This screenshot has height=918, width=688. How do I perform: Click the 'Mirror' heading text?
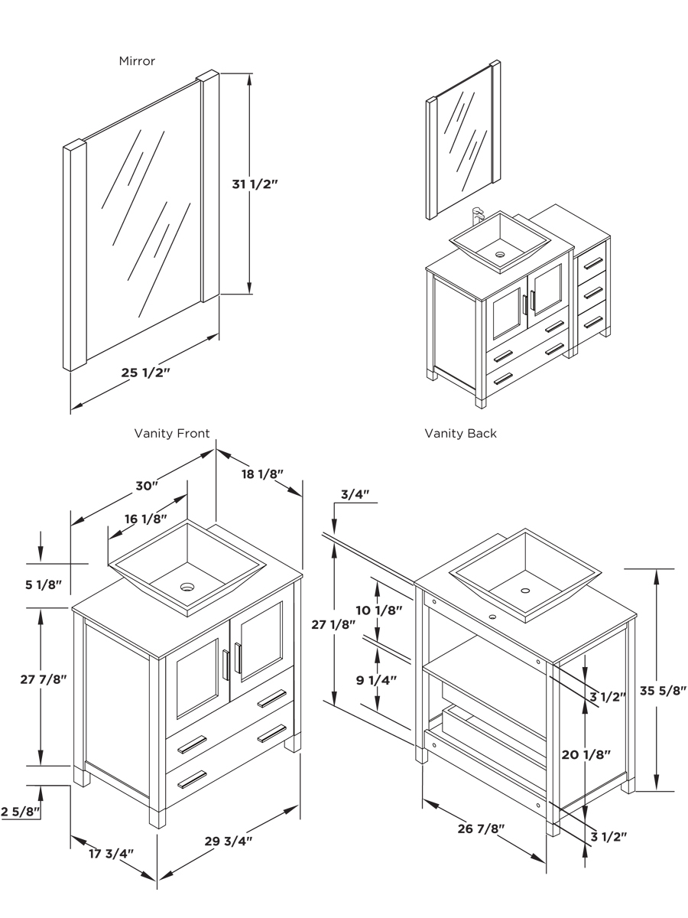pos(137,60)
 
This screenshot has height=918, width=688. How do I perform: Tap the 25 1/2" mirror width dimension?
pos(145,373)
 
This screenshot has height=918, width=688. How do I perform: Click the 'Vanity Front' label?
pos(172,433)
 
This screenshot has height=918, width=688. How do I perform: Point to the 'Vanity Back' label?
pos(460,433)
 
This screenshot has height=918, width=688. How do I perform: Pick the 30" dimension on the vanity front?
pos(147,486)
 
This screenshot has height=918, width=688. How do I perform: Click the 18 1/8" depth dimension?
pos(262,474)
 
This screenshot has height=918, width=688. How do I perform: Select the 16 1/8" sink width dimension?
pos(145,519)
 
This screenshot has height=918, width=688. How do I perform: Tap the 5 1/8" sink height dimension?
pos(41,585)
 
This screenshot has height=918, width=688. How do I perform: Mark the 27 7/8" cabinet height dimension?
pos(44,679)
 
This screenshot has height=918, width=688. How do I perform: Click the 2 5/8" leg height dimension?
pos(20,812)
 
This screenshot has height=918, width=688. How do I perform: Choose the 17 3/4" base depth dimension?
pos(111,853)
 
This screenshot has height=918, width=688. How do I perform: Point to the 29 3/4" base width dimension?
pos(229,840)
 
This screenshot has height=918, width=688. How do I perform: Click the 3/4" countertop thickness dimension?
pos(355,494)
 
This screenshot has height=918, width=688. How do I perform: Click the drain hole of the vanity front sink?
pos(187,588)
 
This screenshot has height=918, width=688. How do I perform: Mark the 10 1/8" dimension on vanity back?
pos(379,610)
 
